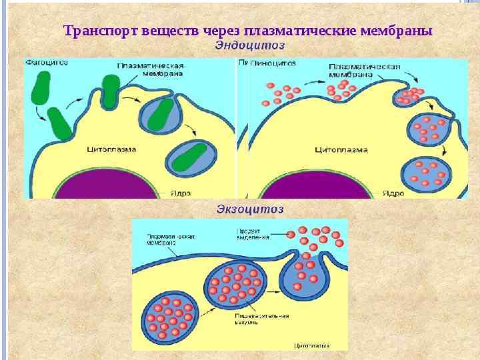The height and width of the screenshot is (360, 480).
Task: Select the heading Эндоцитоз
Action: pos(250,45)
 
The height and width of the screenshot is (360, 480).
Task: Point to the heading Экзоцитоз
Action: pos(250,209)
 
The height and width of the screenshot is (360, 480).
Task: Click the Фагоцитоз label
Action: pos(47,62)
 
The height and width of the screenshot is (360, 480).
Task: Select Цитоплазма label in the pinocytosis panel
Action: pos(341,149)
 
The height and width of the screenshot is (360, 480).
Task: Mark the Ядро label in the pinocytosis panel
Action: pos(393,193)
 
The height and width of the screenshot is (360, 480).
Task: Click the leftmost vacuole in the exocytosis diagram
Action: pos(170,317)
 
